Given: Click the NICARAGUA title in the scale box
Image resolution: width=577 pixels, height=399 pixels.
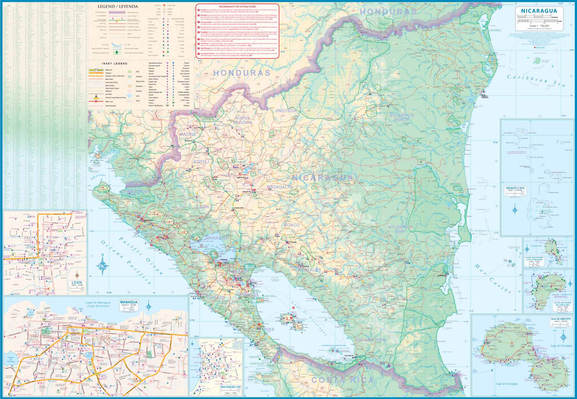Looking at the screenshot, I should point(539,11).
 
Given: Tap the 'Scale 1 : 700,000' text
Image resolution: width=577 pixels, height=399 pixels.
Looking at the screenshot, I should point(539,26).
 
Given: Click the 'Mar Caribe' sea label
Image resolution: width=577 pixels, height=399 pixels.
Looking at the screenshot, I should point(493,279).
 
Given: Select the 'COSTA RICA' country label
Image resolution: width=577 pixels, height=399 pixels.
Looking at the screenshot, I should point(342,380).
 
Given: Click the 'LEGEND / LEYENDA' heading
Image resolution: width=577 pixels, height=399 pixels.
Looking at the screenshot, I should point(118,7).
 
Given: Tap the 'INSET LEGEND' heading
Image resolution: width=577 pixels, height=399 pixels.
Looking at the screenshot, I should point(115,63).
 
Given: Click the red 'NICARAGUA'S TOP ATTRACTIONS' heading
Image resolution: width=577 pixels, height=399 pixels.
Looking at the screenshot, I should point(237,7).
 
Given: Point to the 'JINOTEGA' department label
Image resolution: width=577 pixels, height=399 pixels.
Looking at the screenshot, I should point(285,111).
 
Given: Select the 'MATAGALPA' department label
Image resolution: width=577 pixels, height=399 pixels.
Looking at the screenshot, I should point(280,187).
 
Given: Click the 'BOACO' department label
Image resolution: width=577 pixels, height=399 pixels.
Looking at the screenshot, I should point(292,225).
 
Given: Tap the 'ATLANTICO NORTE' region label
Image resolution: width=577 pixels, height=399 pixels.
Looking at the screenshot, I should point(401,117).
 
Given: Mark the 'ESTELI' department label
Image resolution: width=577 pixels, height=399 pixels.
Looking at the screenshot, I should point(202,162).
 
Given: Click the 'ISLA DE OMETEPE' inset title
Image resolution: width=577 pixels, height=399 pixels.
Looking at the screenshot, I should point(560,319).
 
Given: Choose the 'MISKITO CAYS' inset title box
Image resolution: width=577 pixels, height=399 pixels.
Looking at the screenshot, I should point(515,188).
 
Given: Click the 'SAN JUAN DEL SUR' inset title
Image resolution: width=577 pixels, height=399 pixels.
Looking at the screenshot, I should point(230,387).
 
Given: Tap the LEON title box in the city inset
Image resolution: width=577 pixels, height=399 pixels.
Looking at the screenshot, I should point(77,283).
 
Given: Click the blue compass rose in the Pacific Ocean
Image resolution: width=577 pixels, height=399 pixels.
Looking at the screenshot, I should point(103,265).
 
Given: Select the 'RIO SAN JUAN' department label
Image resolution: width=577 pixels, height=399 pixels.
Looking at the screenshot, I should point(370,340).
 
